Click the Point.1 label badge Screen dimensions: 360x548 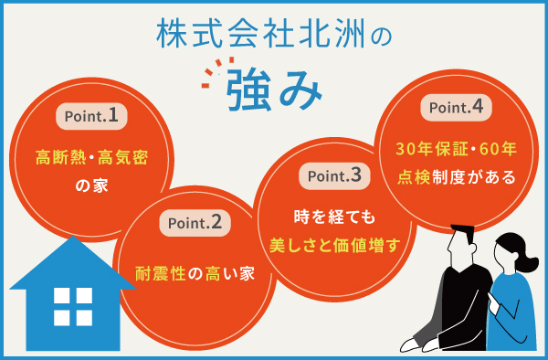90,116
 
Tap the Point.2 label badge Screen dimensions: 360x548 194,222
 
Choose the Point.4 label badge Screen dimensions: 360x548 457,107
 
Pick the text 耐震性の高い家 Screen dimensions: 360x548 195,271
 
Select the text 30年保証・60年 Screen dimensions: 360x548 457,147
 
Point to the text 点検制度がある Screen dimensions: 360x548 457,175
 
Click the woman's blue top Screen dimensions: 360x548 511,315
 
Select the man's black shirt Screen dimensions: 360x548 461,311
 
